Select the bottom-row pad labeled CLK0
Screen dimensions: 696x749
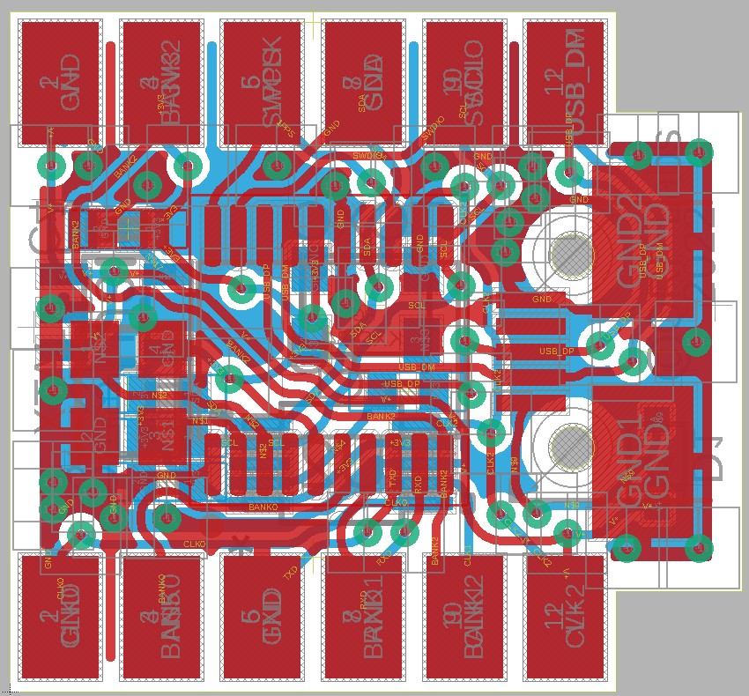coord(60,617)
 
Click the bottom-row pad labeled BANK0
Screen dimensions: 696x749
coord(161,617)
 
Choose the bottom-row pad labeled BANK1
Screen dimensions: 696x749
coord(363,617)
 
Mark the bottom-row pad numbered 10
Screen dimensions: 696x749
coord(463,617)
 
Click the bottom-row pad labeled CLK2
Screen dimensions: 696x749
coord(565,617)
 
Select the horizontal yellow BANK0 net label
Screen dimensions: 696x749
coord(263,508)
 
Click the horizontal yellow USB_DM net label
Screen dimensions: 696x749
coord(416,367)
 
